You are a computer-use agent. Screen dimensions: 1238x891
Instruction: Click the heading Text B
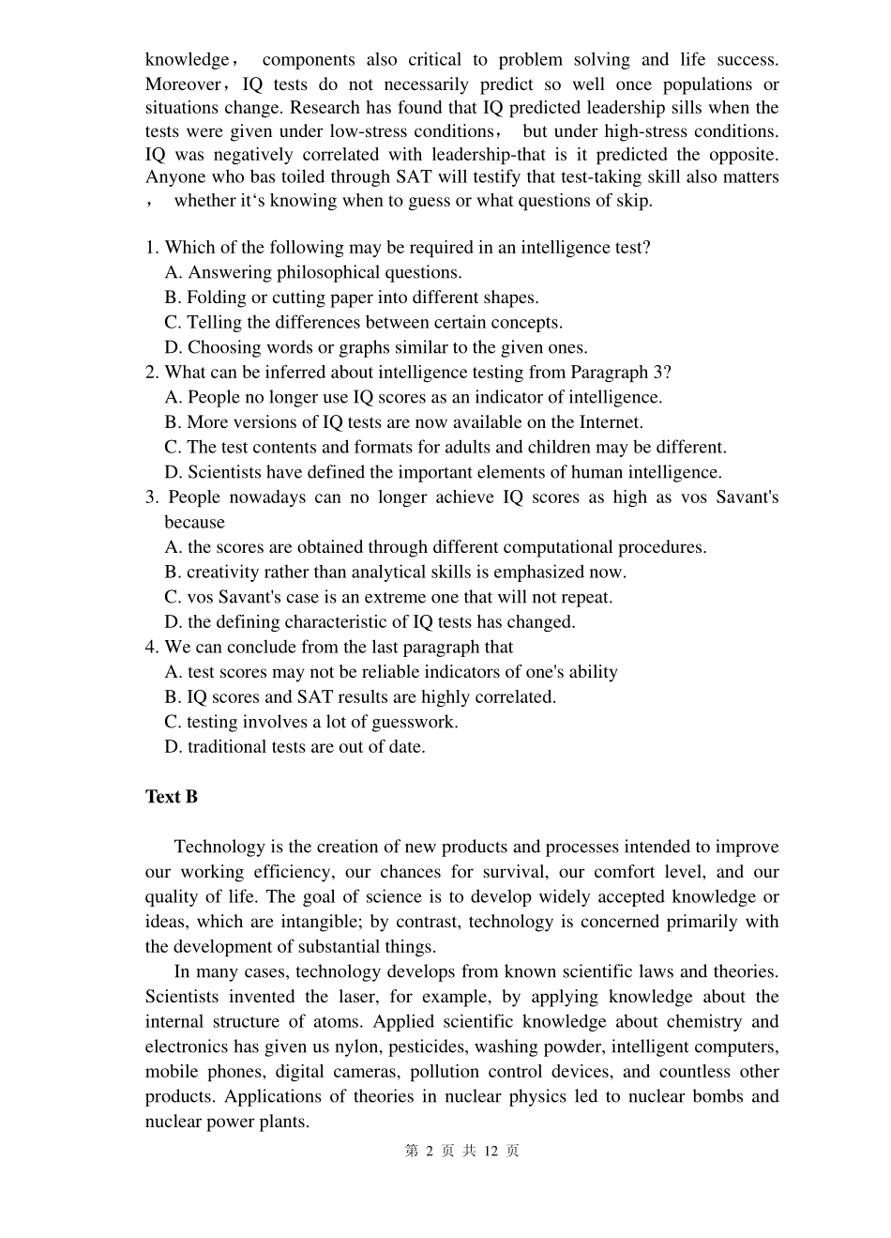(171, 797)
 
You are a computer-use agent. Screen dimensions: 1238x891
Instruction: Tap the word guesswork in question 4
(414, 722)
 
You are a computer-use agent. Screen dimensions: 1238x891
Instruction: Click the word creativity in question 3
(224, 573)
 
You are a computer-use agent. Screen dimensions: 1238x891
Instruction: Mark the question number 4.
(151, 647)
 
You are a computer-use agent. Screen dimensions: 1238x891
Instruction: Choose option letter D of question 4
(173, 747)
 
